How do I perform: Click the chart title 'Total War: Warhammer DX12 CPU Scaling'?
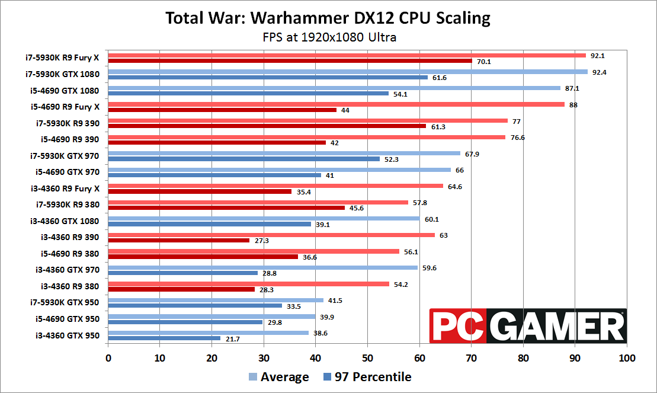tap(328, 18)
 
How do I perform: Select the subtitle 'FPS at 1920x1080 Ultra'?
tap(329, 37)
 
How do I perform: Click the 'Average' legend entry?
tap(278, 377)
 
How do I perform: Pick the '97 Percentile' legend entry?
tap(367, 377)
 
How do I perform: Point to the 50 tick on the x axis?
tap(367, 358)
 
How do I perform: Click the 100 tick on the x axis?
tap(626, 358)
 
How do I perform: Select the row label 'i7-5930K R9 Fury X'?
tap(62, 58)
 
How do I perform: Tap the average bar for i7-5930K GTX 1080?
tap(347, 72)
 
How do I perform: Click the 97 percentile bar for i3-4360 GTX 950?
tap(164, 338)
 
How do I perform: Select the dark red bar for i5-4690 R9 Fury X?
tap(222, 110)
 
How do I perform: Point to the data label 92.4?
tap(598, 72)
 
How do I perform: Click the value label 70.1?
tap(483, 60)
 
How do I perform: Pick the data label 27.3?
tap(261, 241)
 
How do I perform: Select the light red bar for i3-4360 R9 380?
tap(248, 284)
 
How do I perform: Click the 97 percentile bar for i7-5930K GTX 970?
tap(243, 159)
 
